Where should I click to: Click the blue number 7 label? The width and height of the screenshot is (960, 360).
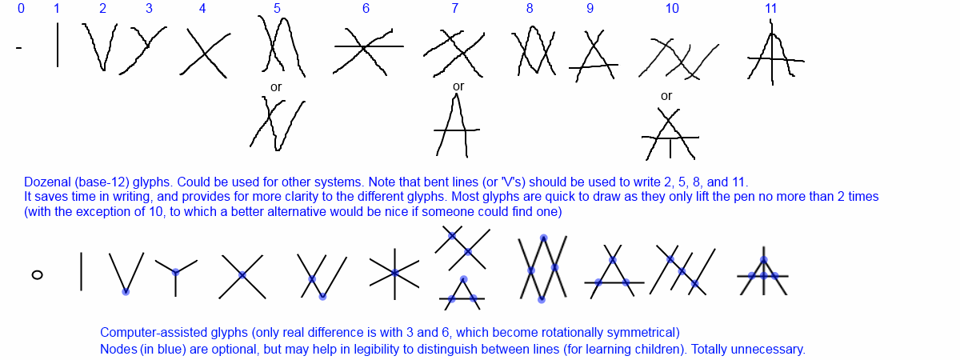454,9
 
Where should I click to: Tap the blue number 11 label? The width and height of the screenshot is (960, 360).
770,9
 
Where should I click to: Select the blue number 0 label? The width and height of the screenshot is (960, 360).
20,9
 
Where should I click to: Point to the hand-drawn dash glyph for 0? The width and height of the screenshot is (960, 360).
18,49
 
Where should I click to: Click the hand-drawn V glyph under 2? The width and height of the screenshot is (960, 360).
100,46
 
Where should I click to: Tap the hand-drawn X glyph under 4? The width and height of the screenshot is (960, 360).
204,52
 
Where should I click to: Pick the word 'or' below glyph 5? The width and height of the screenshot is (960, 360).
276,86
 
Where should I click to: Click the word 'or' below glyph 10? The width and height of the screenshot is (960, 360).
666,96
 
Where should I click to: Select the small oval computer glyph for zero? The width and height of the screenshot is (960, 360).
37,274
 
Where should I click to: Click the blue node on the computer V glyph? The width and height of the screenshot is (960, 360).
126,291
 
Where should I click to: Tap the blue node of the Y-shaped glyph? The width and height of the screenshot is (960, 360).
175,273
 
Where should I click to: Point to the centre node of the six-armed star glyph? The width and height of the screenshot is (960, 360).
395,273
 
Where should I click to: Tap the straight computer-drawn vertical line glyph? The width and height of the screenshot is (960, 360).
81,271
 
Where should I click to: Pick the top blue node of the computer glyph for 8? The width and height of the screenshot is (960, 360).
543,238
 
